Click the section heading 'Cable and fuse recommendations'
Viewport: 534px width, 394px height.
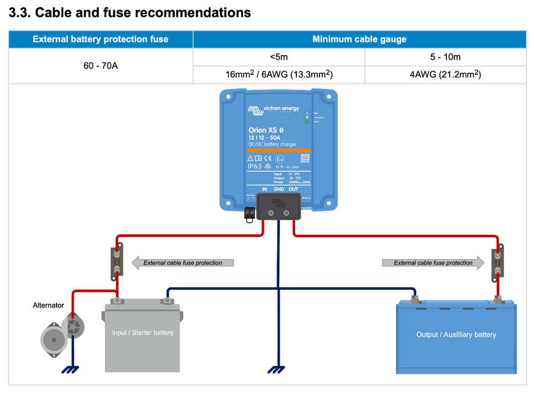[130, 13]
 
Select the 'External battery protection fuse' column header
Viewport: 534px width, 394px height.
[100, 39]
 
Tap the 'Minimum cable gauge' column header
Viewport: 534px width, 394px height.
[359, 39]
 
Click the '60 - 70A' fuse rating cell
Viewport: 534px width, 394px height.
[100, 66]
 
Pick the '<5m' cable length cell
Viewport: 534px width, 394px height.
[279, 57]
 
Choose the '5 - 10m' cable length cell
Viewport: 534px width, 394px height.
[445, 57]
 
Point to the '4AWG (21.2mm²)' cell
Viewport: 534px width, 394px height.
[445, 75]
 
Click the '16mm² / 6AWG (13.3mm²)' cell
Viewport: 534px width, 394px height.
[279, 75]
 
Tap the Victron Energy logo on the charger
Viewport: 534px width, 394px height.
[273, 111]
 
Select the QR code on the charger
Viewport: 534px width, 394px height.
[305, 157]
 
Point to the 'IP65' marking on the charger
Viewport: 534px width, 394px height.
[255, 167]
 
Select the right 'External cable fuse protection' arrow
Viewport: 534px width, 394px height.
[433, 263]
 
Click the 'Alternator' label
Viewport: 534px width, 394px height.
[48, 305]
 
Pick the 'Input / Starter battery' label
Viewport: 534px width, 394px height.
[143, 333]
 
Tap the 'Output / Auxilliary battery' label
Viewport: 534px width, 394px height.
[456, 335]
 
